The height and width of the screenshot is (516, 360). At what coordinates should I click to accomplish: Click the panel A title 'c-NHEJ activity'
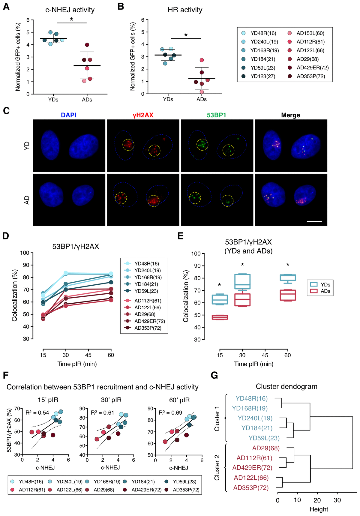tap(70, 10)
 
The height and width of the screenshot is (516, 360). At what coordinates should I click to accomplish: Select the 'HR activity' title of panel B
tap(185, 10)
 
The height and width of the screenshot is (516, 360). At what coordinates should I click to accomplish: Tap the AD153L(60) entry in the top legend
tap(310, 33)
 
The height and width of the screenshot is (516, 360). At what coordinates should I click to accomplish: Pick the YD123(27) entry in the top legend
tap(263, 76)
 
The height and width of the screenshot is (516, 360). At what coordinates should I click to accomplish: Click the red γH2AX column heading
tap(143, 115)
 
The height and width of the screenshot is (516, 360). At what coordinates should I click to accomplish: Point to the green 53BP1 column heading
tap(216, 115)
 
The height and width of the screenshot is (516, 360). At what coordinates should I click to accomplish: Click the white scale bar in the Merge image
tap(314, 221)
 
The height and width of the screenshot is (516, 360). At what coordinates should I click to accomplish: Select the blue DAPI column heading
tap(69, 115)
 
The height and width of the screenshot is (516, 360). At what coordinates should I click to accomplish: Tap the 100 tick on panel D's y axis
tap(25, 253)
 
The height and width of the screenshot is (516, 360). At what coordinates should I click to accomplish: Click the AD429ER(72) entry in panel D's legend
tap(149, 321)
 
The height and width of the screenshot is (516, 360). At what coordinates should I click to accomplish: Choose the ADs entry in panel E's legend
tap(325, 291)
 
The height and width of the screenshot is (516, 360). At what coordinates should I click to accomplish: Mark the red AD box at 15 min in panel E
tap(220, 317)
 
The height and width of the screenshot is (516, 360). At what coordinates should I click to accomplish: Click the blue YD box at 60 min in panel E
tap(288, 278)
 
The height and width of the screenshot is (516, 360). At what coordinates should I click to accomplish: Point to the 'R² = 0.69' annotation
tap(170, 413)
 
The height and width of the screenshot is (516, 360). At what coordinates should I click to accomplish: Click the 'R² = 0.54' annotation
tap(37, 413)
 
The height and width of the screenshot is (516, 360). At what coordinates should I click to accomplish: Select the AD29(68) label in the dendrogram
tap(266, 448)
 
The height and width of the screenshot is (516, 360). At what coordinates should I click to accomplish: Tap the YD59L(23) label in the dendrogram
tap(264, 438)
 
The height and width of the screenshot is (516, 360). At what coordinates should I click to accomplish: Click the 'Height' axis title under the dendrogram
tap(319, 509)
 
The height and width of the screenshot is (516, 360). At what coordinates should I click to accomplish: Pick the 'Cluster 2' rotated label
tap(217, 467)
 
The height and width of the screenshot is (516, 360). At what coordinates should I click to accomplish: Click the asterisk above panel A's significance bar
tap(71, 20)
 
